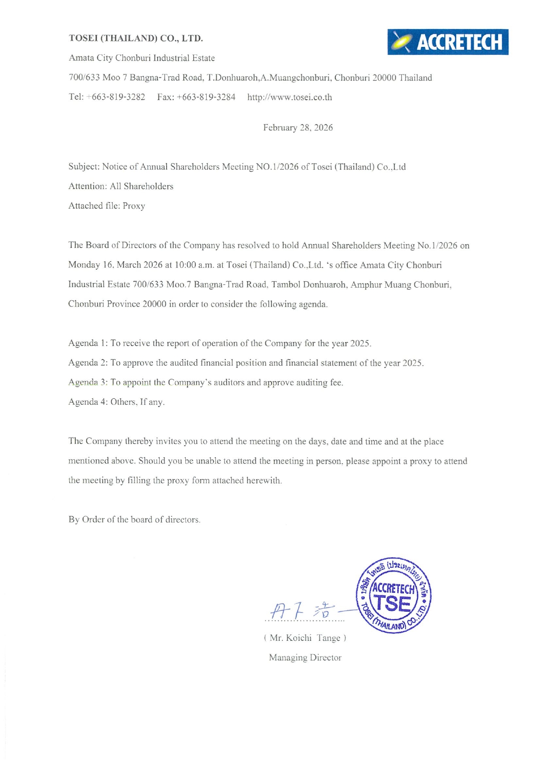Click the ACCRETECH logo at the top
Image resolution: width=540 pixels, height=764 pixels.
[448, 42]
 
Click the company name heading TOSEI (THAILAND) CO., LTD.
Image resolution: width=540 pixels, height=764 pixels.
[136, 38]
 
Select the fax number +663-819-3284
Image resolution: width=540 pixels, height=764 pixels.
[206, 97]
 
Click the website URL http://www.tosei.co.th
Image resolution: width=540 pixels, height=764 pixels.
[289, 97]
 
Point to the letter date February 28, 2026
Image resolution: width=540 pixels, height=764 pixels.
[298, 128]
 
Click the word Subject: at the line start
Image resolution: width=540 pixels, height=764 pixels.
[84, 167]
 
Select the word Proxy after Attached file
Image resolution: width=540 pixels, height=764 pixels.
[134, 206]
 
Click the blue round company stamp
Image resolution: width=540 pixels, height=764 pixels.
[394, 596]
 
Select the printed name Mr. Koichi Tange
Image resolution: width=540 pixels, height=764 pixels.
[305, 638]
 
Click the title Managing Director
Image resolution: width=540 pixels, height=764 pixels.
[305, 657]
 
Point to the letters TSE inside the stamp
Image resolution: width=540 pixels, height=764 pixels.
[393, 604]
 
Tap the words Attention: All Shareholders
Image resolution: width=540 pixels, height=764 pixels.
[121, 186]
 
